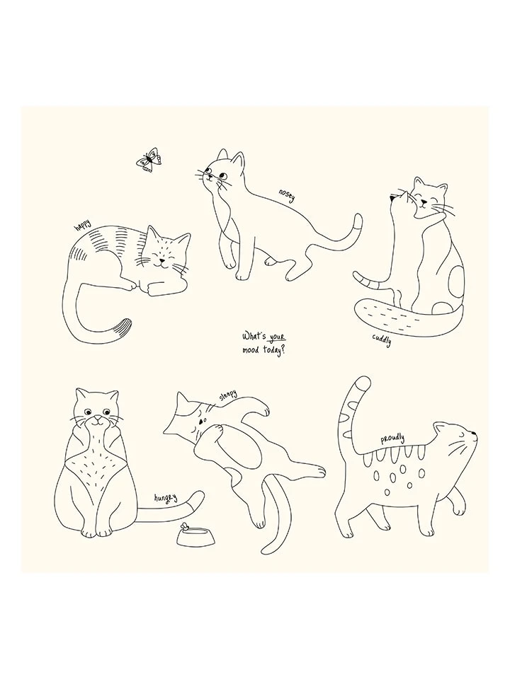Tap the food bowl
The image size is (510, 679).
point(196,537)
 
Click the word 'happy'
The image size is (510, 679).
point(82,226)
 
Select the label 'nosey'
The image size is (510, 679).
point(287,196)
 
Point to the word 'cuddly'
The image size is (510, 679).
point(382,340)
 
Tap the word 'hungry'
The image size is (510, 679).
point(166,498)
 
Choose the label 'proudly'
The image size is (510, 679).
point(392,440)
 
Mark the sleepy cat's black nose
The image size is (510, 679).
point(200,420)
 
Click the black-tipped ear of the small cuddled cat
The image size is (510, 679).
point(393,198)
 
